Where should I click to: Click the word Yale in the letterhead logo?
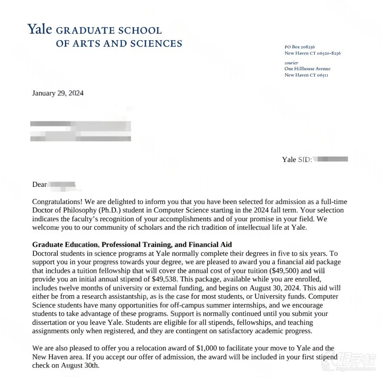click(x=40, y=30)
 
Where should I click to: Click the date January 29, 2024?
click(x=58, y=93)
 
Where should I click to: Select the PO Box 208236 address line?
click(x=299, y=47)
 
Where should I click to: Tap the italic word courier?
click(x=291, y=63)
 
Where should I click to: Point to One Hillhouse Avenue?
click(x=307, y=69)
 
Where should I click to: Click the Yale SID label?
click(x=297, y=160)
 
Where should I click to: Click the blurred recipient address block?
click(x=80, y=130)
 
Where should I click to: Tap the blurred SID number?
click(x=331, y=159)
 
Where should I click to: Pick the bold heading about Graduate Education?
click(x=132, y=245)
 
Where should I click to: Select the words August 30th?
click(x=80, y=366)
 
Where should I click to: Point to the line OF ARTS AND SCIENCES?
click(x=119, y=44)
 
